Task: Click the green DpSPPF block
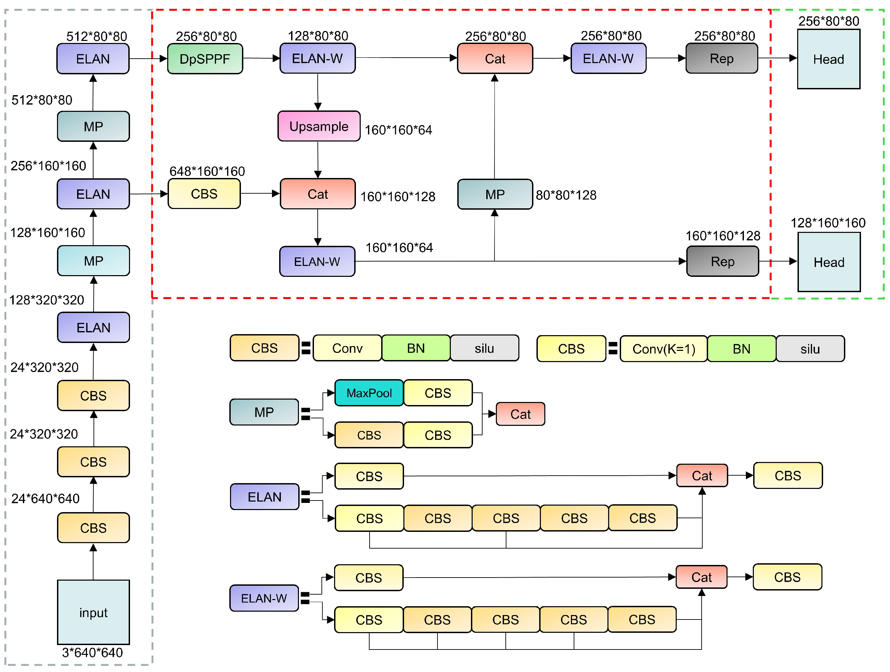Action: (x=205, y=59)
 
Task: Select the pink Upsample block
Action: (x=319, y=126)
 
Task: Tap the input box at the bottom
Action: (x=94, y=612)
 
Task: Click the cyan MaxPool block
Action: (x=369, y=393)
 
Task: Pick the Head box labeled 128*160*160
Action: (x=829, y=262)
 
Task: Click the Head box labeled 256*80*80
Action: (x=829, y=59)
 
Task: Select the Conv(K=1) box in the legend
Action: (x=663, y=349)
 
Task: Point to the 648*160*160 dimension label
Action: (x=207, y=171)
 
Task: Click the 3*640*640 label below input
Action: (x=92, y=652)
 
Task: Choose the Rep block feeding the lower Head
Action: (x=723, y=262)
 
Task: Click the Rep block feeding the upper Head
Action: (x=721, y=59)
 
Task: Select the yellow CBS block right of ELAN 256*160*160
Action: (x=204, y=194)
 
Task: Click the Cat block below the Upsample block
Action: (x=317, y=194)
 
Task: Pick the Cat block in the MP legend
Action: (x=520, y=414)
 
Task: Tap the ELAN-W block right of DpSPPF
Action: (x=317, y=59)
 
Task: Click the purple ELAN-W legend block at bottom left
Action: (x=264, y=598)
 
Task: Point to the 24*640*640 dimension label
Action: (x=45, y=498)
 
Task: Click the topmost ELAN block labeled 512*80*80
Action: (x=93, y=59)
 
